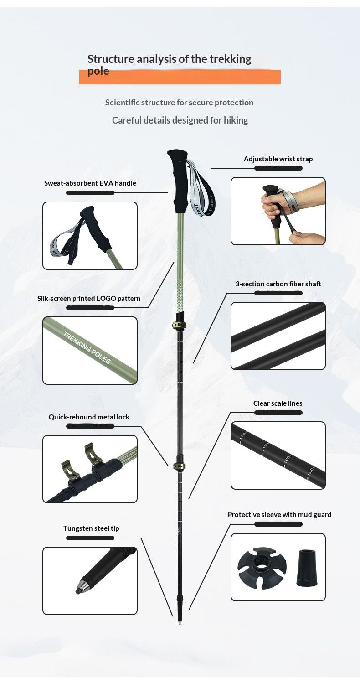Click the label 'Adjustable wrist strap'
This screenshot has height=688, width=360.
click(x=278, y=159)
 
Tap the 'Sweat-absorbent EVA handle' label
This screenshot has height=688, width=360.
click(x=90, y=183)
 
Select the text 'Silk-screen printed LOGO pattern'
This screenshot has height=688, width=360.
click(x=89, y=299)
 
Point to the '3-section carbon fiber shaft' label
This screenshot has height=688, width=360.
click(x=278, y=284)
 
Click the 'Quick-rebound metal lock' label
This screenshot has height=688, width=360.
click(x=89, y=417)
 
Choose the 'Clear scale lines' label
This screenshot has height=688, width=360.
click(x=278, y=403)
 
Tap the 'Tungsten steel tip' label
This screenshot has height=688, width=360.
click(x=91, y=528)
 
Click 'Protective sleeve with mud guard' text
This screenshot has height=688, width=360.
click(x=279, y=515)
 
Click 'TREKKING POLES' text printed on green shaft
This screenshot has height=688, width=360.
click(x=87, y=348)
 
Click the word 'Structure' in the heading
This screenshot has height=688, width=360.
click(x=111, y=59)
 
